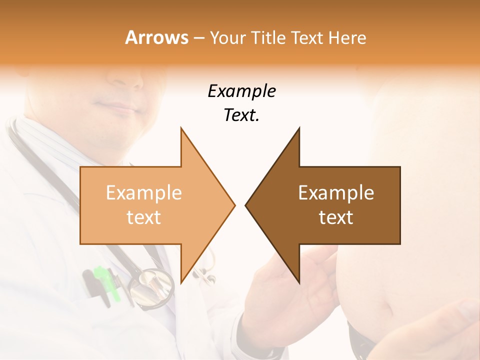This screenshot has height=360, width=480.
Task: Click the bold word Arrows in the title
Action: [156, 37]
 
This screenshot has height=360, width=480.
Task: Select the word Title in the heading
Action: [270, 38]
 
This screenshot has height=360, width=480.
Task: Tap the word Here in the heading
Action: [347, 38]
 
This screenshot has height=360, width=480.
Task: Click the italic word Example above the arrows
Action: [241, 91]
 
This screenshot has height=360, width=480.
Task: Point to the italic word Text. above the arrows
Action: [241, 115]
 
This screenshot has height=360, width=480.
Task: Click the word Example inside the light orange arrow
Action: [143, 193]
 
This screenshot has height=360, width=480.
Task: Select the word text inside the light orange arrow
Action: [143, 217]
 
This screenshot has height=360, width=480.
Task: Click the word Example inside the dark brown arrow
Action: [336, 193]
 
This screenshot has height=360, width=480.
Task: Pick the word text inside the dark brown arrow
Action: [336, 217]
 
